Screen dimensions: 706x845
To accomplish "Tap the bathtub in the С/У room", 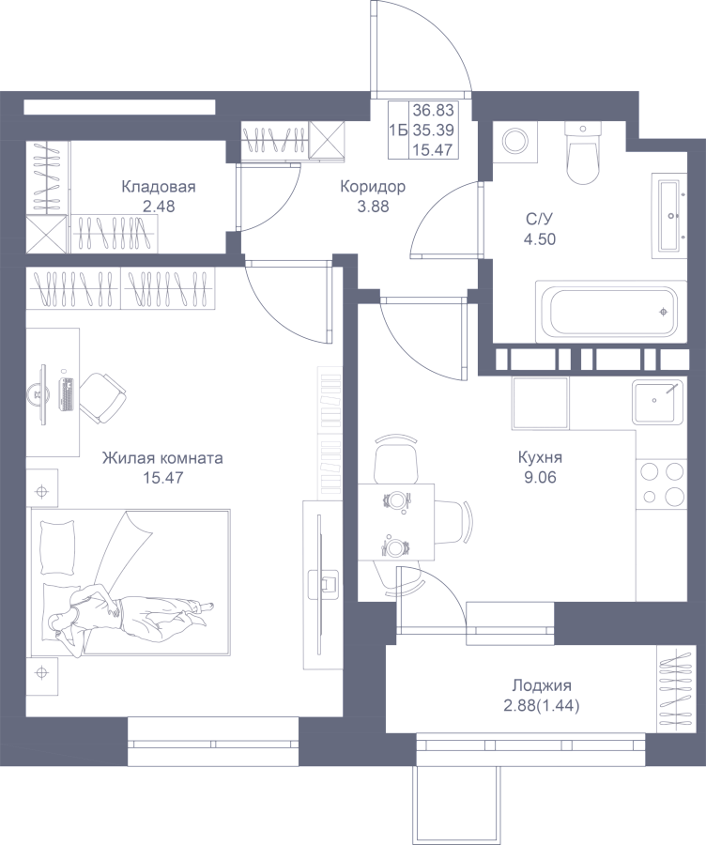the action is [x=611, y=311].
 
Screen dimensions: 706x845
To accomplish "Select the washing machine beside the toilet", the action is [x=516, y=141].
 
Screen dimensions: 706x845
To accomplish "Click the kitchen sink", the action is [x=658, y=402].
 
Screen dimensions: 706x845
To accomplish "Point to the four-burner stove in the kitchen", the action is [x=663, y=484].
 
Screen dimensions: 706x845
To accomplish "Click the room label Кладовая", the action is [x=158, y=188].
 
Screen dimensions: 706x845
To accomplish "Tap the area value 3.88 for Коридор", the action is [x=373, y=207].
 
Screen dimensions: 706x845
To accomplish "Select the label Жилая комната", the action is [x=162, y=458].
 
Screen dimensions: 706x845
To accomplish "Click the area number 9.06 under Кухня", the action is [x=540, y=478].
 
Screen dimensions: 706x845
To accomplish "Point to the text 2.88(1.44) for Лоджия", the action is [x=542, y=705].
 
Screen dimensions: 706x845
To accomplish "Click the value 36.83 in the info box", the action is [x=434, y=111].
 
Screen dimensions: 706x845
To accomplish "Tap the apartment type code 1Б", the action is [x=398, y=131].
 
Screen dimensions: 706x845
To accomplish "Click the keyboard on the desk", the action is [x=67, y=394].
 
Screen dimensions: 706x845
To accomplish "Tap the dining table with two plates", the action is [x=396, y=522].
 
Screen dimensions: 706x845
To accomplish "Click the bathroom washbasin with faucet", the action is [x=669, y=216].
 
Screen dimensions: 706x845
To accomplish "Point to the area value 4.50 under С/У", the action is [x=540, y=239].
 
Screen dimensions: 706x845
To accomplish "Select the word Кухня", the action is [x=540, y=458].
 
